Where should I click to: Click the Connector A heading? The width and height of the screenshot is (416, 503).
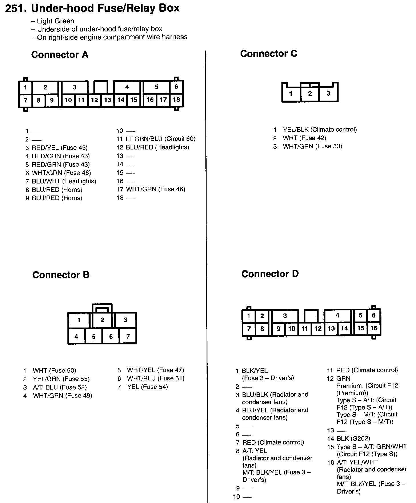tap(59, 55)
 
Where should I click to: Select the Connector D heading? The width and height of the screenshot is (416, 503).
tap(270, 274)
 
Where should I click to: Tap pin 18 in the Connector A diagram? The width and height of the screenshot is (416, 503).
tap(176, 100)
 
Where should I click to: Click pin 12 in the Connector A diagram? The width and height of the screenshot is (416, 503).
tap(95, 100)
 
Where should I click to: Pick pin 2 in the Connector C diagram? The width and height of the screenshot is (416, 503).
tap(310, 93)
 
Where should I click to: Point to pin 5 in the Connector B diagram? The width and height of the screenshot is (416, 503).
tap(94, 337)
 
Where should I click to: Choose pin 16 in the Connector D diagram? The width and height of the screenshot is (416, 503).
tap(374, 328)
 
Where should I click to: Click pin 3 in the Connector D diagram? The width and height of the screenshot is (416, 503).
tap(285, 316)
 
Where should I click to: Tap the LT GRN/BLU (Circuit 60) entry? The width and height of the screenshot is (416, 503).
tap(160, 139)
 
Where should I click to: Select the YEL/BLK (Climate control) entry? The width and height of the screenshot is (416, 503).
tap(320, 129)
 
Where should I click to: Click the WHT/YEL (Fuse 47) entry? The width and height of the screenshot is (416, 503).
tap(155, 370)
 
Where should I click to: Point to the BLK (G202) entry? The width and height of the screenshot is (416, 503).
tap(353, 438)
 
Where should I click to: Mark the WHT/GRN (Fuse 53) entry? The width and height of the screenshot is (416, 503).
tap(312, 146)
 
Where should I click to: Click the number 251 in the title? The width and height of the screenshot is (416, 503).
tap(16, 8)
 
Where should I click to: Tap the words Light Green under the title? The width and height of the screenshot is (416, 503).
tap(55, 21)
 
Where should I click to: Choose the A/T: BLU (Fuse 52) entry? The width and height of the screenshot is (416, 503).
tap(60, 387)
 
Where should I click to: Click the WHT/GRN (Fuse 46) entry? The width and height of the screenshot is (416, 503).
tap(155, 189)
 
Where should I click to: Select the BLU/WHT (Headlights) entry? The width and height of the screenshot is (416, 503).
tap(64, 181)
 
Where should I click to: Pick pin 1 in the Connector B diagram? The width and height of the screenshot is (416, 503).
tap(79, 320)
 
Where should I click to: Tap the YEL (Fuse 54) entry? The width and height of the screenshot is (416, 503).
tap(147, 387)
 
